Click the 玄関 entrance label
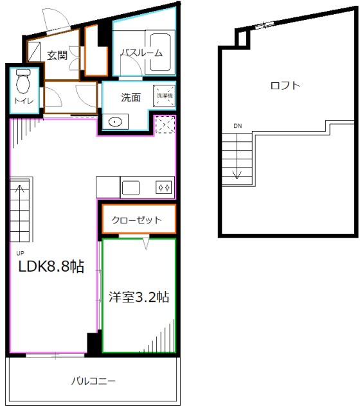click(57, 55)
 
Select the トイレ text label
click(22, 101)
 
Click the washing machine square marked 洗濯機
click(163, 97)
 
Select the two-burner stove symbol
click(163, 188)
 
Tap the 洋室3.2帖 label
click(139, 297)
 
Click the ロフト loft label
click(286, 85)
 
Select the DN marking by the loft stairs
click(238, 125)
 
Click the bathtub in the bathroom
click(157, 50)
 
